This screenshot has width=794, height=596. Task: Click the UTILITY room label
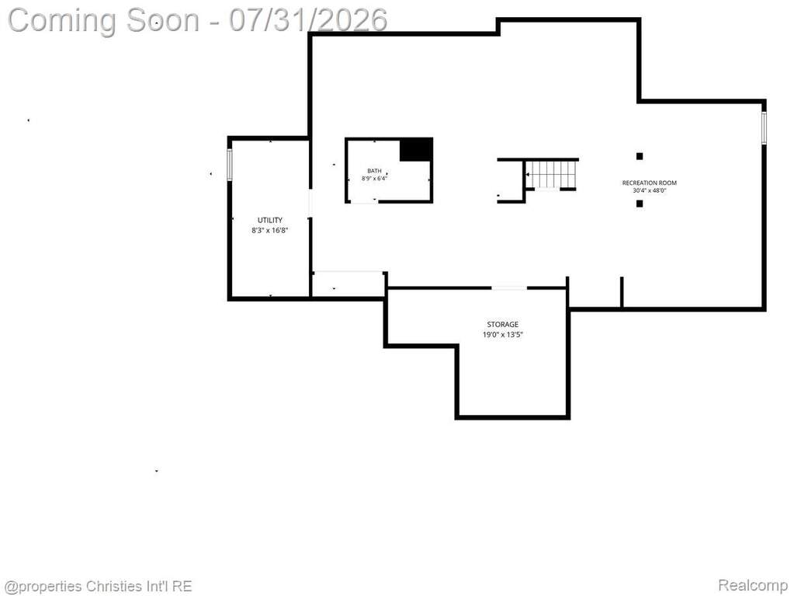pyautogui.click(x=270, y=220)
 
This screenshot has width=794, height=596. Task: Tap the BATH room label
pyautogui.click(x=374, y=171)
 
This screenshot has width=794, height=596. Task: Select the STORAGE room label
pyautogui.click(x=502, y=324)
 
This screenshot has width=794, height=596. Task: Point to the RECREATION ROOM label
pyautogui.click(x=649, y=183)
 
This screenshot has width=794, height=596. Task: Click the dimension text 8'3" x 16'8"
pyautogui.click(x=270, y=230)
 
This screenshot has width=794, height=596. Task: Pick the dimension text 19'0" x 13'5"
pyautogui.click(x=502, y=334)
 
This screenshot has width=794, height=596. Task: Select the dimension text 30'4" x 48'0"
pyautogui.click(x=649, y=190)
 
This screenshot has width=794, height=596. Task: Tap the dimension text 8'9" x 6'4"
pyautogui.click(x=374, y=179)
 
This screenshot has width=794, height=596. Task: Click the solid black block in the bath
pyautogui.click(x=416, y=150)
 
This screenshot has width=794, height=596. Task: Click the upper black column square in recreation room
pyautogui.click(x=640, y=156)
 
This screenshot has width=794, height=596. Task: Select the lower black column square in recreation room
pyautogui.click(x=640, y=204)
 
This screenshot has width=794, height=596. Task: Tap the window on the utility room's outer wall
pyautogui.click(x=230, y=164)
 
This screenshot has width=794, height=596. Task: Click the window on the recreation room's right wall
pyautogui.click(x=765, y=127)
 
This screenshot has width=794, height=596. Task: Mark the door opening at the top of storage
pyautogui.click(x=509, y=288)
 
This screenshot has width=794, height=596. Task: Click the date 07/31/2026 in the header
pyautogui.click(x=308, y=20)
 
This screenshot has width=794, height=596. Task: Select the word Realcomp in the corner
pyautogui.click(x=752, y=585)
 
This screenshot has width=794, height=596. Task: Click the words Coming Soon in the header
pyautogui.click(x=104, y=21)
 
